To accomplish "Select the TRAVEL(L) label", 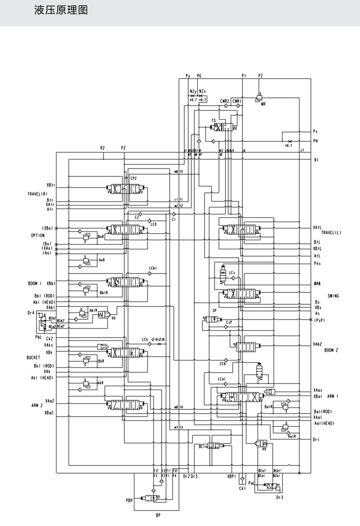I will pyautogui.click(x=331, y=232).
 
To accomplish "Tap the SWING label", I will pyautogui.click(x=333, y=296).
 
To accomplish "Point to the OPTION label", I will pyautogui.click(x=38, y=236).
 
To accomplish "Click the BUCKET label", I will pyautogui.click(x=34, y=358).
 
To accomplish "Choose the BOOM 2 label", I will pyautogui.click(x=331, y=350).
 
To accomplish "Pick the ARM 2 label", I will pyautogui.click(x=38, y=406).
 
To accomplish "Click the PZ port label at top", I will pyautogui.click(x=261, y=76).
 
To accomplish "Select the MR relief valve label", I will pyautogui.click(x=263, y=103).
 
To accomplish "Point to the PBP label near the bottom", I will pyautogui.click(x=129, y=501).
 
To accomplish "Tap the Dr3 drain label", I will pyautogui.click(x=280, y=498).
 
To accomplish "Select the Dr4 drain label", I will pyautogui.click(x=31, y=312).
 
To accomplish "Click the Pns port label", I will pyautogui.click(x=317, y=263).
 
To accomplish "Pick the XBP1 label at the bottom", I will pyautogui.click(x=231, y=477).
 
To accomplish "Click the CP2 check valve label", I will pyautogui.click(x=133, y=178).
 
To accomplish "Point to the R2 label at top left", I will pyautogui.click(x=102, y=148).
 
